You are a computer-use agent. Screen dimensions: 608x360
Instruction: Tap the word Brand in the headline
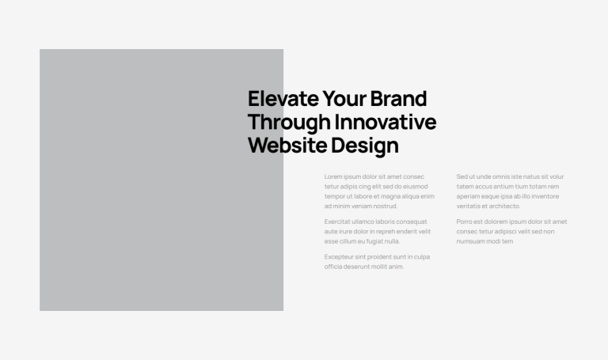click(x=398, y=98)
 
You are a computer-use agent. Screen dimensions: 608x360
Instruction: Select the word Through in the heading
click(x=289, y=123)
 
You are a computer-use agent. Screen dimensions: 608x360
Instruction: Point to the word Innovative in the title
click(x=386, y=122)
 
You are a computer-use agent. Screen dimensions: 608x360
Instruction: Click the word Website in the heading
click(x=287, y=146)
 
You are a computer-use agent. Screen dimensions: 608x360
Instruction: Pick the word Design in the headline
click(x=365, y=146)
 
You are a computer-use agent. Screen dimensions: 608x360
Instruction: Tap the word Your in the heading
click(x=344, y=98)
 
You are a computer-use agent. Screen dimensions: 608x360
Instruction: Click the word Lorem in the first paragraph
click(x=333, y=176)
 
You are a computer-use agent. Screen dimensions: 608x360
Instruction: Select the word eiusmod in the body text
click(x=416, y=187)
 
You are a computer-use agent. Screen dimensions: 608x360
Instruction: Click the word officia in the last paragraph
click(x=333, y=267)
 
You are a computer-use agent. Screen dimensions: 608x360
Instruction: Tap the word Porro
click(x=464, y=222)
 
